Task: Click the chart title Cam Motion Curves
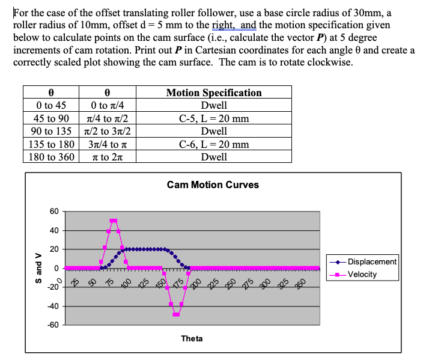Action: (x=213, y=185)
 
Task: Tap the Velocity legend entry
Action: (x=363, y=274)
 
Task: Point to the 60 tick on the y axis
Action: (x=55, y=211)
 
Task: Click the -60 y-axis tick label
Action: (x=53, y=325)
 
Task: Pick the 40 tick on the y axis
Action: (x=55, y=230)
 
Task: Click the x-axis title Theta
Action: (x=192, y=339)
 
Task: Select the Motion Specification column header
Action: (x=214, y=93)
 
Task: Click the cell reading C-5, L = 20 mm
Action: (x=214, y=118)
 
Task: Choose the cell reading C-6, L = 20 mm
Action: (x=214, y=144)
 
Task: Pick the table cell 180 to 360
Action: (x=52, y=157)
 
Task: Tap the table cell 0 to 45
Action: (x=52, y=106)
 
